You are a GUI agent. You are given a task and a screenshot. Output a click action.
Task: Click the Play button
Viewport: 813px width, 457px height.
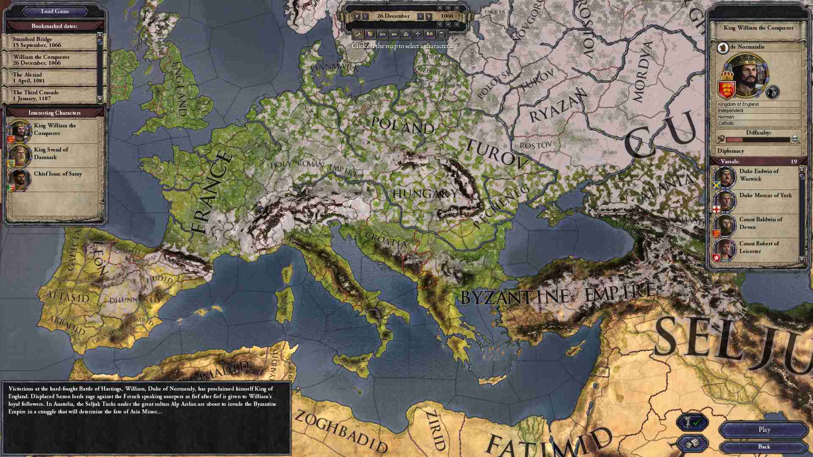[x=764, y=429]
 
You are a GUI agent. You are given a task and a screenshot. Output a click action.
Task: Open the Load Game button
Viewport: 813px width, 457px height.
[x=55, y=11]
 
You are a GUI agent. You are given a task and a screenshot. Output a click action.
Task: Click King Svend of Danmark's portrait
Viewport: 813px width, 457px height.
[x=19, y=156]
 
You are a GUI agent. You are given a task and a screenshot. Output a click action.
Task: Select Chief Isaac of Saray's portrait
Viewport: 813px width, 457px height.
[x=19, y=179]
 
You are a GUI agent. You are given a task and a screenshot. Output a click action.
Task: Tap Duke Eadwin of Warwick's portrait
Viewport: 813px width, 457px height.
[x=725, y=177]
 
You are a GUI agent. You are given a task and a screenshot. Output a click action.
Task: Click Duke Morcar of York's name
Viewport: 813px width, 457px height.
[x=765, y=195]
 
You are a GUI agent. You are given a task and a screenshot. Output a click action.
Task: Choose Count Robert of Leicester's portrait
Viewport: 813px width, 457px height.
[x=725, y=250]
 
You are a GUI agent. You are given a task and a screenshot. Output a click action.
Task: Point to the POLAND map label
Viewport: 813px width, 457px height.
[x=402, y=126]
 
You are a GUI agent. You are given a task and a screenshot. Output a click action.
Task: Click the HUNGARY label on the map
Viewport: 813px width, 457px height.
[x=425, y=194]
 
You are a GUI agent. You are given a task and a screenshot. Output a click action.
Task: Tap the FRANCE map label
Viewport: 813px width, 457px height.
[x=211, y=193]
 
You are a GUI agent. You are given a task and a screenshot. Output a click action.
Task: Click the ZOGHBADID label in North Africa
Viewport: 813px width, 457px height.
[x=340, y=432]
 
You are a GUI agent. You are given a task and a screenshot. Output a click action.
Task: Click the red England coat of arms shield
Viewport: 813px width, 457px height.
[x=727, y=89]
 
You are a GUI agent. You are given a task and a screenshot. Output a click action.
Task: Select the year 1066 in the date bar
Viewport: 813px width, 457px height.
[x=447, y=16]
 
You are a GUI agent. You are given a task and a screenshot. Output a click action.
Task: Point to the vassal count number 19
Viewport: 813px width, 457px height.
[x=794, y=161]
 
